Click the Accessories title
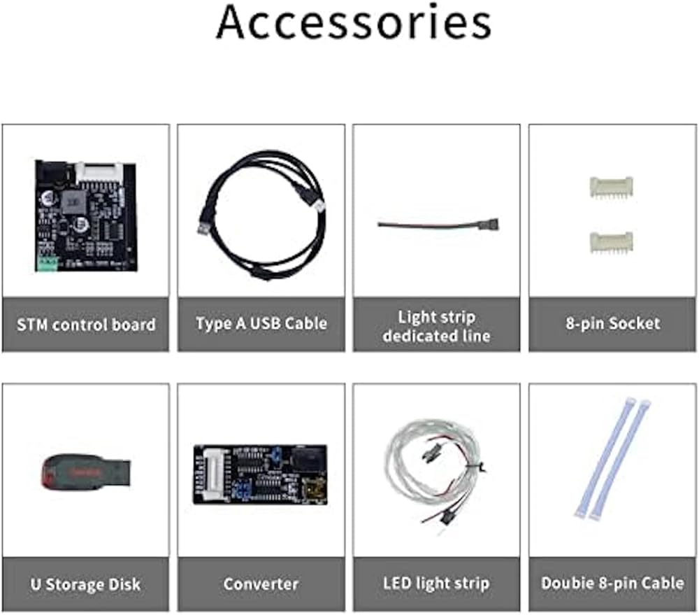(354, 22)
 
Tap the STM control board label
(86, 325)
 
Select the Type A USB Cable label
(261, 323)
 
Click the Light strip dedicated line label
(436, 326)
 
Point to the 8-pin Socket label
(613, 323)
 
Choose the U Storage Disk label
(85, 584)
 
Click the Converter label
(261, 584)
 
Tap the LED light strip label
(436, 584)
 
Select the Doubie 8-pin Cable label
(612, 583)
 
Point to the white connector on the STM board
(99, 173)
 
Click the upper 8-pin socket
(611, 187)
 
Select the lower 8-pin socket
(611, 242)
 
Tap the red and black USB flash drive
(86, 472)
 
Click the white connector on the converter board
(212, 474)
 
